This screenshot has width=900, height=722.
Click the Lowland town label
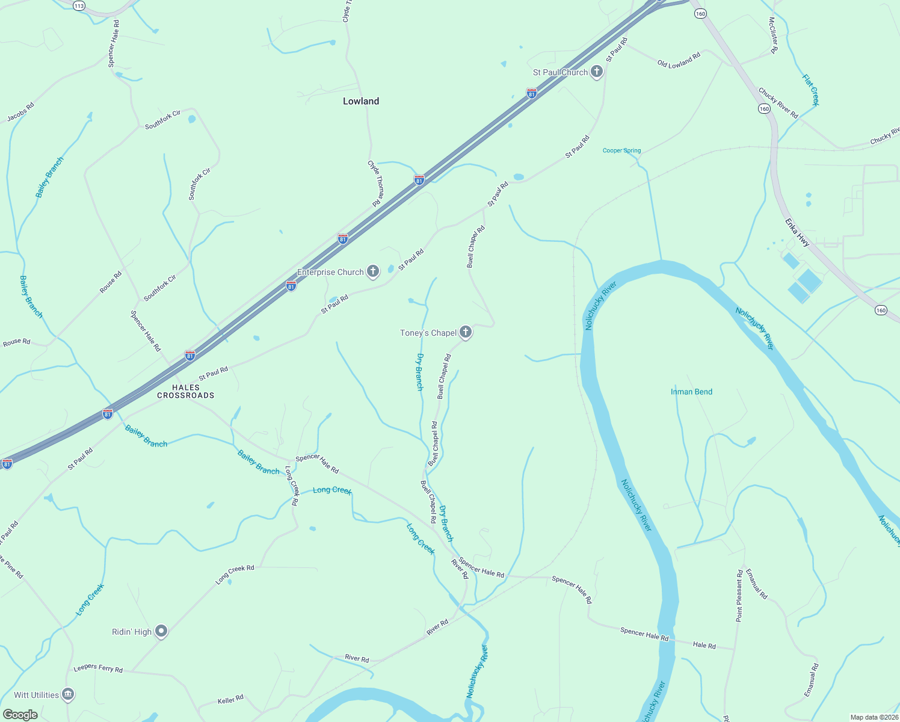[x=361, y=101]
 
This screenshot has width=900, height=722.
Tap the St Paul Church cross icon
[x=596, y=72]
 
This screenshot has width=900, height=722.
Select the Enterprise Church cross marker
[x=373, y=272]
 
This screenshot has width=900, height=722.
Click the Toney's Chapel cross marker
[x=465, y=332]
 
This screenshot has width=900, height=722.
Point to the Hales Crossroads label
[x=185, y=392]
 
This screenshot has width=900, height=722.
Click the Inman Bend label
[x=691, y=392]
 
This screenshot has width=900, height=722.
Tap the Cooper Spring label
[x=621, y=150]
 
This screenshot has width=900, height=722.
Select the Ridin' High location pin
[x=161, y=631]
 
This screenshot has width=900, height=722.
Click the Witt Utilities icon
[x=68, y=695]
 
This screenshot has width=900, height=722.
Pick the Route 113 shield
[x=79, y=5]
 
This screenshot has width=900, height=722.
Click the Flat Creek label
[x=811, y=90]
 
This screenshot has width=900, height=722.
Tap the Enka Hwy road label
[x=797, y=232]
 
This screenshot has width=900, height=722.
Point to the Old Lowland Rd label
[x=679, y=61]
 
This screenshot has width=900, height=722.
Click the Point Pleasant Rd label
[x=739, y=596]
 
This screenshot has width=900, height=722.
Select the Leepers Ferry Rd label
[x=98, y=668]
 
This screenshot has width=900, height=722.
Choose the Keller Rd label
[x=230, y=700]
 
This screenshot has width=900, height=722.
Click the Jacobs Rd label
[x=20, y=112]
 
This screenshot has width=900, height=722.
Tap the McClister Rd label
[x=774, y=35]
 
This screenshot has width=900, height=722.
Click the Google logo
[x=20, y=715]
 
